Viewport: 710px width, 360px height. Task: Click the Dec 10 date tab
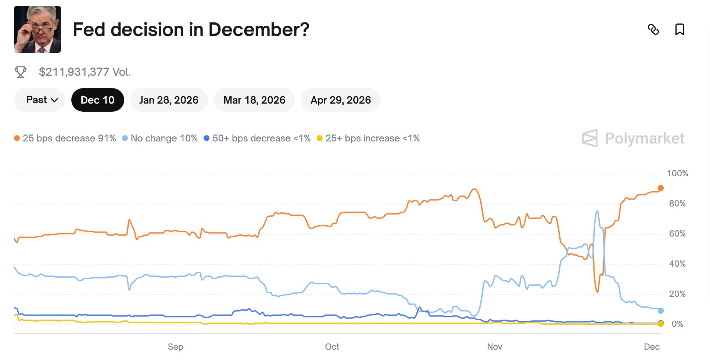tap(97, 100)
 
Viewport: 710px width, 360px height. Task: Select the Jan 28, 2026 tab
tap(169, 100)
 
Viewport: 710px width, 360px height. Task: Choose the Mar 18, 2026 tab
tap(254, 100)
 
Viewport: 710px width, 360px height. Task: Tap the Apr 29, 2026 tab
tap(341, 100)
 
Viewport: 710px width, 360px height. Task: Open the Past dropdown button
tap(40, 100)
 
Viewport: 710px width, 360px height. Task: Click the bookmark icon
tap(679, 29)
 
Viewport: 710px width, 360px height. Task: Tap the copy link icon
tap(653, 29)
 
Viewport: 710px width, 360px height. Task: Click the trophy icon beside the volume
tap(21, 72)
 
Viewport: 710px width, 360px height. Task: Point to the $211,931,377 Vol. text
tap(85, 72)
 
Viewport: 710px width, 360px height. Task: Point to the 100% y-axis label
tap(677, 173)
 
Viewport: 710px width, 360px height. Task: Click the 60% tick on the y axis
tap(677, 234)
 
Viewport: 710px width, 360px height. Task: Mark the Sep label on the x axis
tap(175, 347)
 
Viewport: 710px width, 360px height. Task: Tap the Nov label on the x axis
tap(494, 347)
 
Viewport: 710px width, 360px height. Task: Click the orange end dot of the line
tap(660, 188)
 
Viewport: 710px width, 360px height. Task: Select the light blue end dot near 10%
tap(660, 311)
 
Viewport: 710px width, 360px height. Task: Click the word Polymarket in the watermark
tap(644, 138)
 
